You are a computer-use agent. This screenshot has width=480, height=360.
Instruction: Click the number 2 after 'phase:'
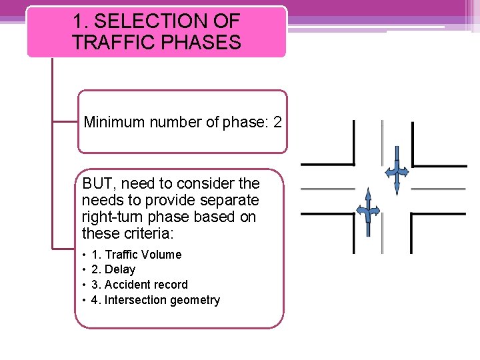tap(277, 122)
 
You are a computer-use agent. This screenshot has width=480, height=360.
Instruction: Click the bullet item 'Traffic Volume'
tap(136, 254)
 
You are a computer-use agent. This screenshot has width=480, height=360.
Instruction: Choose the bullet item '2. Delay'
tap(113, 269)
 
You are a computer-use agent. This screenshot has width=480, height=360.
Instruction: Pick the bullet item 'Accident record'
tap(139, 285)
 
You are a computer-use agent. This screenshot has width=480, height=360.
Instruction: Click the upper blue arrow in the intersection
tap(397, 170)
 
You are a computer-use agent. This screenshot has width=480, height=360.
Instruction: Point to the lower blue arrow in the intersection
tap(367, 212)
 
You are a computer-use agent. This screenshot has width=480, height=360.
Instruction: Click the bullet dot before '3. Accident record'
tap(84, 285)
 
